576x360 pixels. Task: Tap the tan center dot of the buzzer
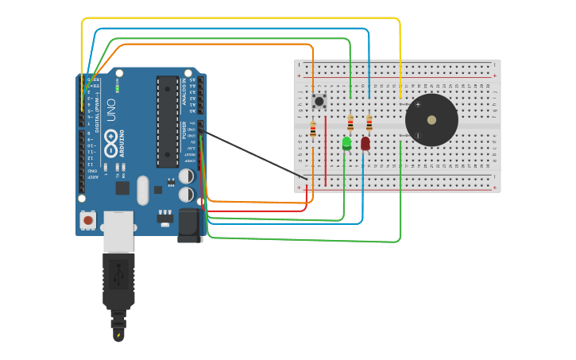click(x=431, y=120)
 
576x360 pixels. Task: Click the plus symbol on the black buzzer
click(x=418, y=104)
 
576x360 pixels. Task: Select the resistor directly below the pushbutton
click(x=313, y=130)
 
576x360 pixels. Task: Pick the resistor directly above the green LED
click(x=350, y=122)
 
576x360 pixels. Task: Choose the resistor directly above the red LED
click(x=369, y=122)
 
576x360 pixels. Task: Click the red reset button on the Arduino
click(x=88, y=219)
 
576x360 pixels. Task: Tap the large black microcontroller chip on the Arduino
click(x=168, y=121)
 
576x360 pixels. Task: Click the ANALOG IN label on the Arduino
click(x=184, y=92)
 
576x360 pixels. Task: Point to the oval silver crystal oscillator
click(x=143, y=190)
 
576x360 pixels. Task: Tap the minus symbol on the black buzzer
click(x=418, y=136)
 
